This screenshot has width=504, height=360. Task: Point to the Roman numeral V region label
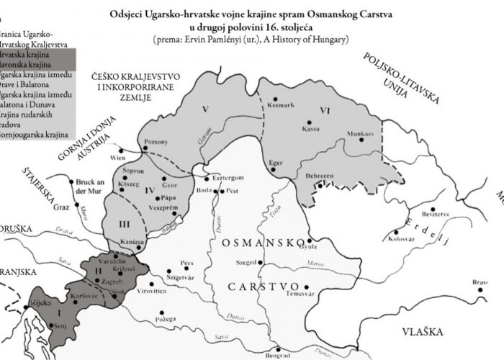point(205,109)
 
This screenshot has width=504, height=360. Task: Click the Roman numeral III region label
point(123,224)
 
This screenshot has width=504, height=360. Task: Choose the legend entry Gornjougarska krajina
point(35,135)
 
